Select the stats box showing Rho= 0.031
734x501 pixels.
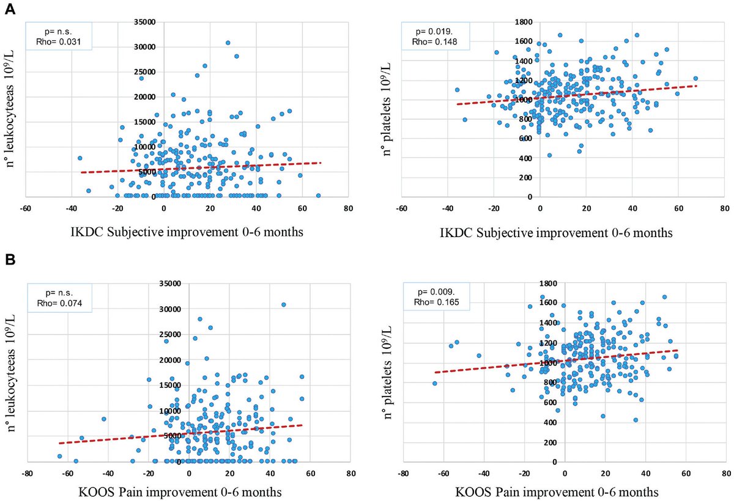[x=58, y=35]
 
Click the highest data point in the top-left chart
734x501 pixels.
[x=228, y=43]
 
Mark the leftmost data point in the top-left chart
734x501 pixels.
[x=80, y=158]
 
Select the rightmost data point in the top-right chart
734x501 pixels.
[x=695, y=78]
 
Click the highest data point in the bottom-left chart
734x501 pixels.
[x=283, y=304]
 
